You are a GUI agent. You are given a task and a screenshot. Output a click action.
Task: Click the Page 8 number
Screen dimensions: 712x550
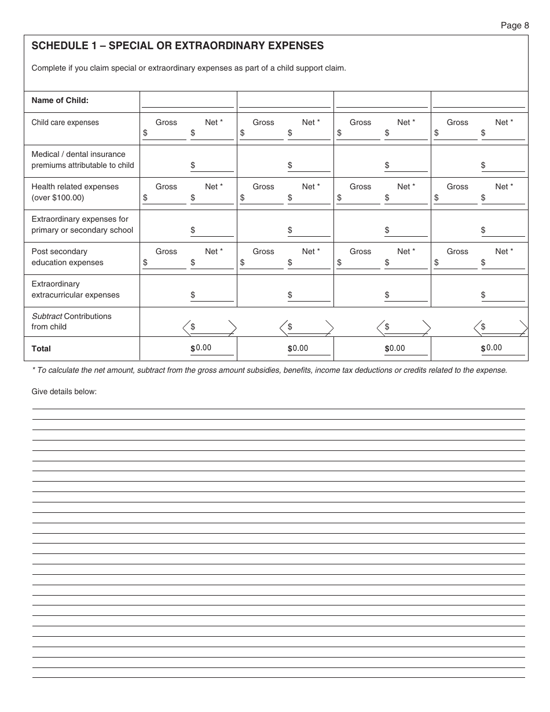tap(515, 25)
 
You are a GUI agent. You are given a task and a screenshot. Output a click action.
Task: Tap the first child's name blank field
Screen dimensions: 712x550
tap(188, 102)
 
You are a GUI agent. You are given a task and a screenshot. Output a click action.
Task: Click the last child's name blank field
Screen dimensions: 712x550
tap(479, 102)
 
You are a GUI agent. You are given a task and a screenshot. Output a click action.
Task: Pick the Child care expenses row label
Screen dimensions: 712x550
tap(65, 122)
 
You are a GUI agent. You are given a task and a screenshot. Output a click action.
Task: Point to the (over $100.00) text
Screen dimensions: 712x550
tap(57, 198)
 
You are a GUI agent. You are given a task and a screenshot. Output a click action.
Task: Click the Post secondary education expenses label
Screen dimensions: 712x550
tap(67, 257)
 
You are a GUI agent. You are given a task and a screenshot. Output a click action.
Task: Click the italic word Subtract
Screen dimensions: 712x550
tap(46, 316)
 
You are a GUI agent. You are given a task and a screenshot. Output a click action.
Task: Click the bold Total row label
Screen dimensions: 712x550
tap(41, 348)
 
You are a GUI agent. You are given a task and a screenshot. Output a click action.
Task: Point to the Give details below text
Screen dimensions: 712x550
tap(64, 392)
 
